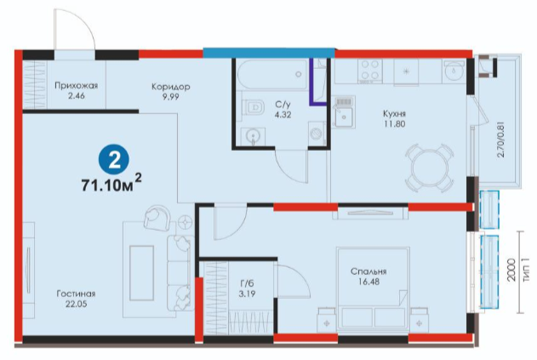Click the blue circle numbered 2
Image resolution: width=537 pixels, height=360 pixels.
pyautogui.click(x=114, y=160)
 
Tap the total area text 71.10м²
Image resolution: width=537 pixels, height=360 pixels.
pyautogui.click(x=111, y=184)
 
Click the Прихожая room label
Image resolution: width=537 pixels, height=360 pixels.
pyautogui.click(x=76, y=85)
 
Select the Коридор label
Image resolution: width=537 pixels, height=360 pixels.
pyautogui.click(x=170, y=87)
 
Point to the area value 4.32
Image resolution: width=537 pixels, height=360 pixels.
pyautogui.click(x=283, y=115)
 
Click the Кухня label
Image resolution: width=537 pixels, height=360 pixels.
pyautogui.click(x=395, y=113)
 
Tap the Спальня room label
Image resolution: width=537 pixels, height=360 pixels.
pyautogui.click(x=368, y=271)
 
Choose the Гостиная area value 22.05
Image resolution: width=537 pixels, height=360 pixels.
pyautogui.click(x=76, y=304)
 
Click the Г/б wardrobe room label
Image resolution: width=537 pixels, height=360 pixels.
pyautogui.click(x=247, y=283)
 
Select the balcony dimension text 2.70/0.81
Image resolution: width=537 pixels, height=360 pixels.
pyautogui.click(x=500, y=138)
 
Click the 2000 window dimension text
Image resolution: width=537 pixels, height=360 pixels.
pyautogui.click(x=511, y=271)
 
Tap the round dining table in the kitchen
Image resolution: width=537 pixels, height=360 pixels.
pyautogui.click(x=430, y=169)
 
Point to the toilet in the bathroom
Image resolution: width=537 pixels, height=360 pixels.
pyautogui.click(x=253, y=107)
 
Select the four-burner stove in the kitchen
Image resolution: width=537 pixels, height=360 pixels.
pyautogui.click(x=370, y=71)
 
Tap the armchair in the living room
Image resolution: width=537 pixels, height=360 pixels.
pyautogui.click(x=157, y=217)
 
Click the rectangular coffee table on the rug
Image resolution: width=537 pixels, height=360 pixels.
pyautogui.click(x=141, y=273)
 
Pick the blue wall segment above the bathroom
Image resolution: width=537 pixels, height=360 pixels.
pyautogui.click(x=269, y=53)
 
